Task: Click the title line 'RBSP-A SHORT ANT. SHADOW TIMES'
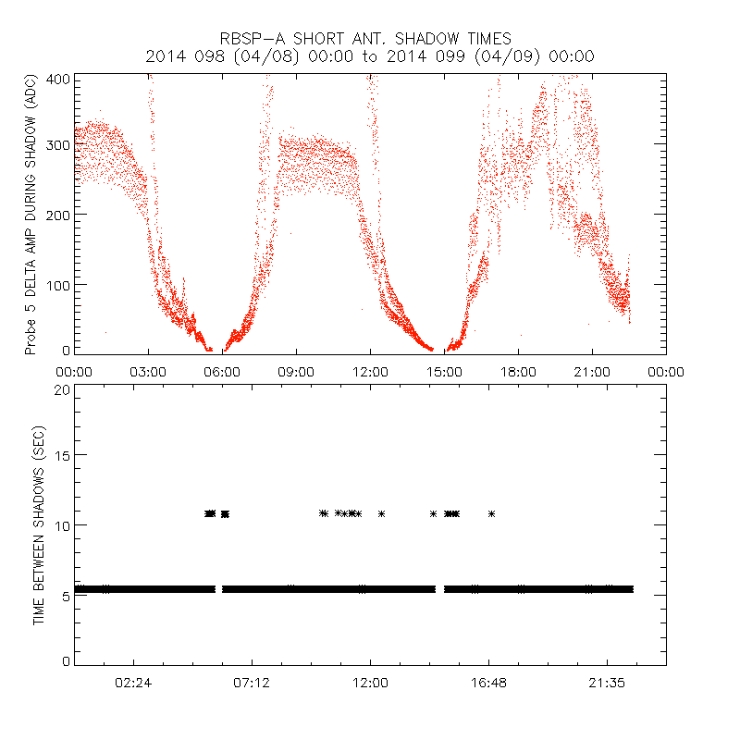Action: pos(365,39)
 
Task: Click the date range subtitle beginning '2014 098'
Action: pos(370,56)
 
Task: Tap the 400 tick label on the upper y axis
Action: pos(58,79)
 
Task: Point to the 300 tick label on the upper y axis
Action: pos(58,146)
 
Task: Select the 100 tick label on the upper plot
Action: pos(58,283)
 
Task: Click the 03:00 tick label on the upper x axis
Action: pos(148,372)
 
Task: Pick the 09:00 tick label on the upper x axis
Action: pos(296,372)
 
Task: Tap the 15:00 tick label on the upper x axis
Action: pos(444,372)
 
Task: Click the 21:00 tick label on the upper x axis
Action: pos(592,372)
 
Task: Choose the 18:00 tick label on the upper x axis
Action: pos(518,372)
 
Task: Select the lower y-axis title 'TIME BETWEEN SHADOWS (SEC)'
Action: pos(40,524)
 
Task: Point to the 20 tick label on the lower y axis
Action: pos(62,389)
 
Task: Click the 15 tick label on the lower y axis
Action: pos(62,456)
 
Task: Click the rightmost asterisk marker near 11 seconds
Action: pos(491,513)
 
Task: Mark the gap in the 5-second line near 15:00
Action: pos(439,588)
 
